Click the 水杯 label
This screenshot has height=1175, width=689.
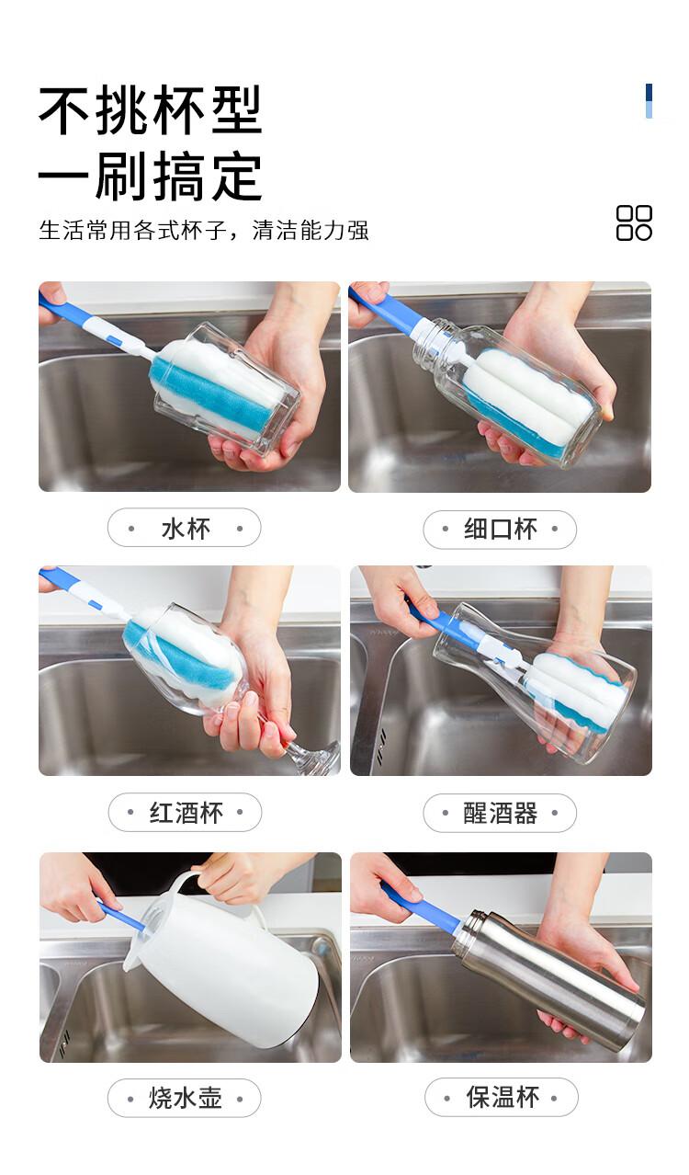point(186,529)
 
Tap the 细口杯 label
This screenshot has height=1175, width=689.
point(501,529)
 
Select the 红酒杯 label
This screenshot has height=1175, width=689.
point(186,813)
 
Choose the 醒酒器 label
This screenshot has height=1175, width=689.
point(501,813)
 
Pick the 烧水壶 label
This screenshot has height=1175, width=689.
point(186,1098)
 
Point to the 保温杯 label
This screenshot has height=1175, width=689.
point(503,1098)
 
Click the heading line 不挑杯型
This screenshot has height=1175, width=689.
point(151,110)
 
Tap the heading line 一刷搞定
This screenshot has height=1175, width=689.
point(151,176)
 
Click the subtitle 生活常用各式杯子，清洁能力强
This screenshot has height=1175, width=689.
point(204,230)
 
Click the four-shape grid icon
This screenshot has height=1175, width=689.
point(634,222)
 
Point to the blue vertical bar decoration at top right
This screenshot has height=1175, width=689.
point(649,101)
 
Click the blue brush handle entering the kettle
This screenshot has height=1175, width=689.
point(120,917)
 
